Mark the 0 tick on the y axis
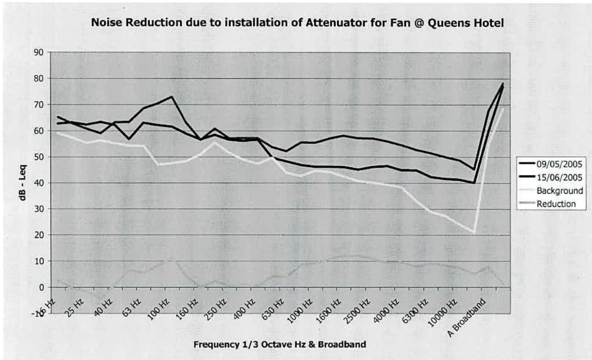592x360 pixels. tap(41, 287)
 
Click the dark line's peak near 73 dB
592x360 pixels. tap(172, 96)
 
